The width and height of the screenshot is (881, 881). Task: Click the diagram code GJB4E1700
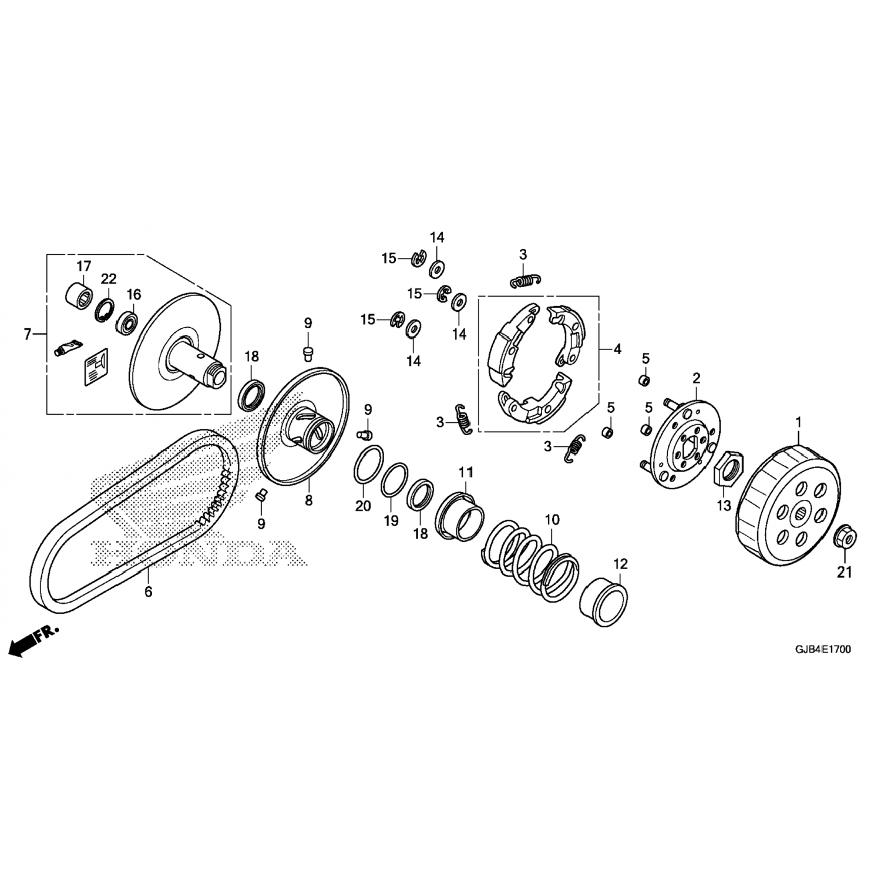(823, 650)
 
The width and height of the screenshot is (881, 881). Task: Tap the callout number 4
(617, 349)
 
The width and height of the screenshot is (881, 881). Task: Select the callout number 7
(27, 334)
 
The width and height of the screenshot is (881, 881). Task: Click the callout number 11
(466, 472)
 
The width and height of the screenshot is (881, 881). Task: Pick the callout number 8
(308, 500)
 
